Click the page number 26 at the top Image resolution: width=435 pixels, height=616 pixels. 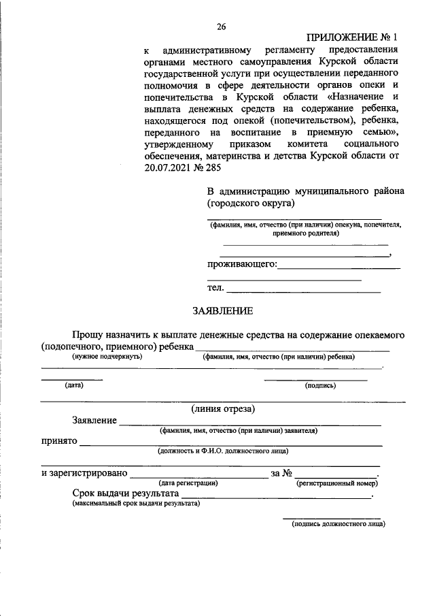tap(221, 27)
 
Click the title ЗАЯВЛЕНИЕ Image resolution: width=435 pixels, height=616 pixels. tap(222, 311)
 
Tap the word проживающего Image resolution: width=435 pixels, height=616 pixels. tap(242, 264)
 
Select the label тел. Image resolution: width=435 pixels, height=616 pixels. tap(215, 288)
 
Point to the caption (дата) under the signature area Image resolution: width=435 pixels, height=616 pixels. tap(74, 385)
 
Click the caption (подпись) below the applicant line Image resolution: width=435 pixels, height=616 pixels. tap(320, 385)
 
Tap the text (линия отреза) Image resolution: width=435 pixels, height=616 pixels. tap(223, 409)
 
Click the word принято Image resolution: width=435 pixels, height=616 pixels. tap(58, 440)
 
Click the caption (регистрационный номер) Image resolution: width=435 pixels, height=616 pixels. tap(337, 483)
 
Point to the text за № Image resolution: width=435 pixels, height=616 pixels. tap(281, 473)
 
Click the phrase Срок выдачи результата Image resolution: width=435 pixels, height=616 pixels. tap(126, 493)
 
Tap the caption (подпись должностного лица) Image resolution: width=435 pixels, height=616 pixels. tap(338, 524)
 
